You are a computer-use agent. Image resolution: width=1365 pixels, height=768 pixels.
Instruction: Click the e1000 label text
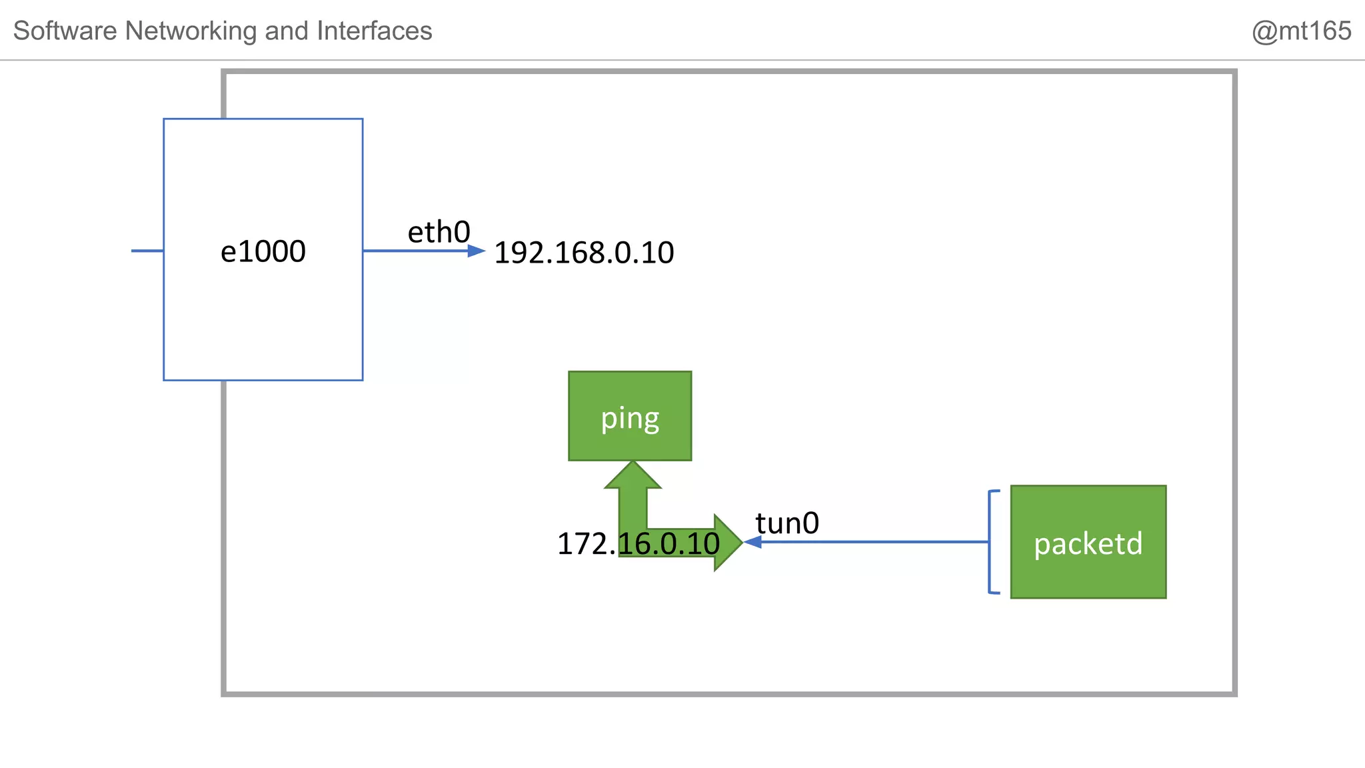(263, 251)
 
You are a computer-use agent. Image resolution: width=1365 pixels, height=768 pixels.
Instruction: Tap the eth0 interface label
(439, 232)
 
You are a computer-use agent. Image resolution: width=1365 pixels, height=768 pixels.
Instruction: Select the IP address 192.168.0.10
(584, 253)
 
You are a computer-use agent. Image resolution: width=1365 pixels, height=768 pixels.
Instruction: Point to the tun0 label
(787, 523)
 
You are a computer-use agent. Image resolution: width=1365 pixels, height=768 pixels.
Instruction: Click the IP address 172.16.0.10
(638, 543)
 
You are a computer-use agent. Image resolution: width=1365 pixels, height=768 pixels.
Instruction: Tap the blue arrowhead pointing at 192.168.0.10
(477, 251)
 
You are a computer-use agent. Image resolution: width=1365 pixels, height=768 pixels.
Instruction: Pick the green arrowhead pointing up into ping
(633, 475)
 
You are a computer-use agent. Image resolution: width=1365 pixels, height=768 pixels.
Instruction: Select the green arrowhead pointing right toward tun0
(727, 542)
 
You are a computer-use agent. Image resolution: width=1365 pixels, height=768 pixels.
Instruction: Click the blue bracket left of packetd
(990, 541)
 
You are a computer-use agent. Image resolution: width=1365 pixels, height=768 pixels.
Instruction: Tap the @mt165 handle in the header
(1301, 31)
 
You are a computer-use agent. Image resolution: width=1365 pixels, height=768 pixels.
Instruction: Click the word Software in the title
(65, 31)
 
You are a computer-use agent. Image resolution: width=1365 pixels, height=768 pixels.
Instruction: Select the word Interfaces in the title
(374, 31)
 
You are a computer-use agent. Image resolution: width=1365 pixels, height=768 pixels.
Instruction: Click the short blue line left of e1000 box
(147, 251)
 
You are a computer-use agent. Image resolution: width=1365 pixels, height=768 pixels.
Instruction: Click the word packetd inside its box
(1088, 543)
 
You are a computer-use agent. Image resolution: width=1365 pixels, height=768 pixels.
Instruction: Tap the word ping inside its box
(630, 418)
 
